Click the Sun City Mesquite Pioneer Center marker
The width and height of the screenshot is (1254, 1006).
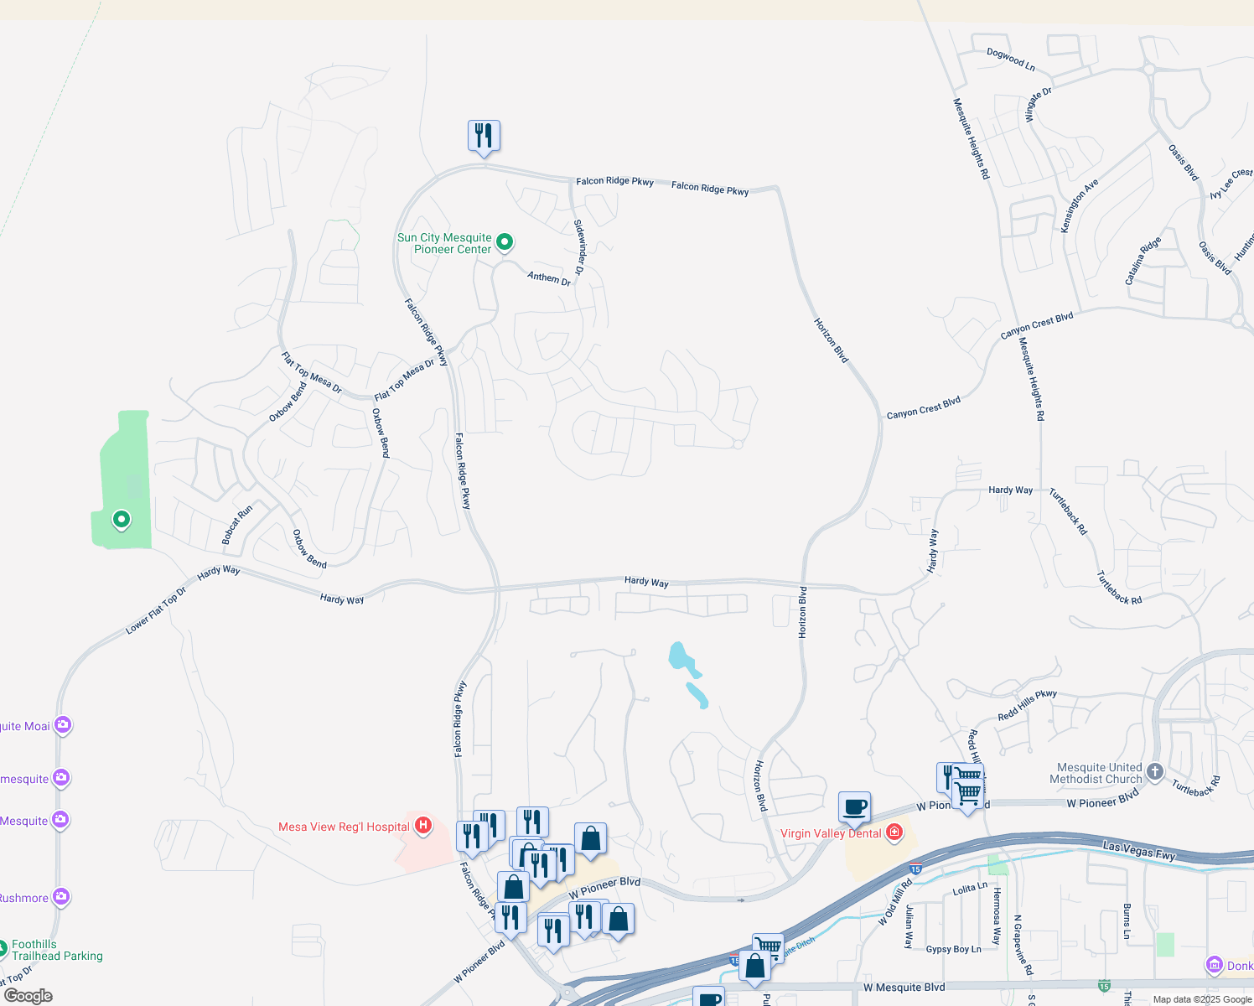click(x=505, y=243)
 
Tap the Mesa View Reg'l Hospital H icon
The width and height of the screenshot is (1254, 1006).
click(x=423, y=827)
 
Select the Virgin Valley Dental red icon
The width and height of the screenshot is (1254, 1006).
click(x=894, y=832)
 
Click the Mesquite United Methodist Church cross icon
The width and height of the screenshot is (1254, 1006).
click(x=1155, y=772)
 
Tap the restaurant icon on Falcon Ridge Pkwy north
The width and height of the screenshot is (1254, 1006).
click(x=484, y=135)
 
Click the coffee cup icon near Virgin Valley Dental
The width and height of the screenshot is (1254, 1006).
click(x=854, y=807)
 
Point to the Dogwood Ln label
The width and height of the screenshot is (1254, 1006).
click(x=1010, y=59)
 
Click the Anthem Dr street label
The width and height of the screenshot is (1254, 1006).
click(x=549, y=277)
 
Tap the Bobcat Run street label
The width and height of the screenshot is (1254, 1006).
click(x=236, y=526)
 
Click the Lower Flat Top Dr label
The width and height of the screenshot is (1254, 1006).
click(x=156, y=610)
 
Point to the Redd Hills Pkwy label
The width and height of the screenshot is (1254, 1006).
click(x=1027, y=705)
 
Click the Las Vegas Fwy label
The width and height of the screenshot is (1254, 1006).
click(x=1139, y=852)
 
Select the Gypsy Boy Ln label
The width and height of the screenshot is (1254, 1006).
click(x=953, y=949)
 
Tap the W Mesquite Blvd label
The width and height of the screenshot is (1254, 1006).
click(x=904, y=987)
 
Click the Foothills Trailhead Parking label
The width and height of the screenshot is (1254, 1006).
click(x=57, y=950)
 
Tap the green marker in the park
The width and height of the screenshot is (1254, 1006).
click(x=122, y=520)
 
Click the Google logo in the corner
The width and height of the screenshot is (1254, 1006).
click(x=28, y=995)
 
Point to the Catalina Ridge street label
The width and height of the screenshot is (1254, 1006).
click(x=1143, y=261)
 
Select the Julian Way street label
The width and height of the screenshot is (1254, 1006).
click(x=909, y=926)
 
